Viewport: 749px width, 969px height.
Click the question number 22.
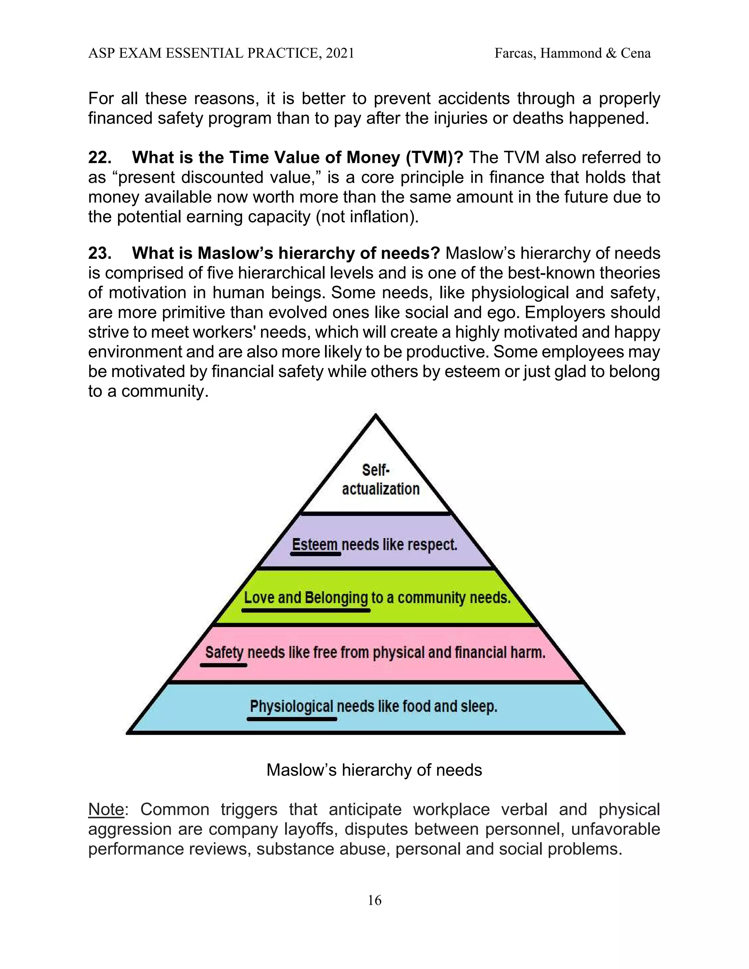(x=100, y=158)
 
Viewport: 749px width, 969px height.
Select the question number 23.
(x=100, y=253)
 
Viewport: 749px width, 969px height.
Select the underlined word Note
(x=106, y=809)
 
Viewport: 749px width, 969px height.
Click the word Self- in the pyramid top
(x=375, y=470)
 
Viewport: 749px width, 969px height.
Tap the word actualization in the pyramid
(x=381, y=489)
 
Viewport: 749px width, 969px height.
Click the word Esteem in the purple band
(x=315, y=544)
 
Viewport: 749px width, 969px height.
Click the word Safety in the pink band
(x=224, y=652)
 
